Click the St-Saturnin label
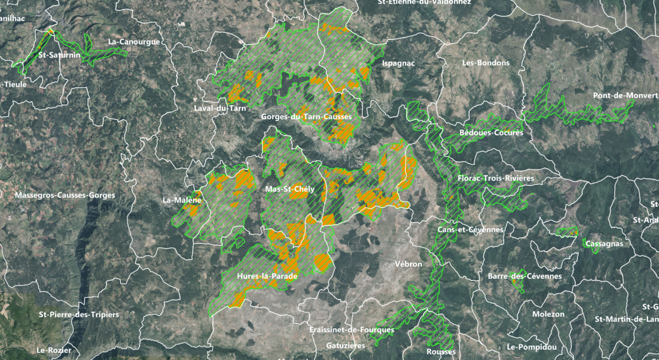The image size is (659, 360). pyautogui.click(x=59, y=55)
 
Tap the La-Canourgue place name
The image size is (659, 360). pyautogui.click(x=134, y=42)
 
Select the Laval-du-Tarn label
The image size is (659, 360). pyautogui.click(x=216, y=108)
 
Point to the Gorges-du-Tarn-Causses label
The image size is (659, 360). pyautogui.click(x=306, y=116)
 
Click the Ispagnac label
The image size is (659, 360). pyautogui.click(x=399, y=63)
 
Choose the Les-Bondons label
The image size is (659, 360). pyautogui.click(x=485, y=63)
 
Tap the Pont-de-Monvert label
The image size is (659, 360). pyautogui.click(x=625, y=96)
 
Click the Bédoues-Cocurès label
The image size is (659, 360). pyautogui.click(x=491, y=133)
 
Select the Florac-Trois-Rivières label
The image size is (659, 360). pyautogui.click(x=496, y=178)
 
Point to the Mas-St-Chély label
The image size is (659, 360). pyautogui.click(x=290, y=189)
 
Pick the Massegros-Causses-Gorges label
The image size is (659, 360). pyautogui.click(x=65, y=195)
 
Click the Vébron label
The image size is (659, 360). pyautogui.click(x=408, y=264)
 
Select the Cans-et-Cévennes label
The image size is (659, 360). pyautogui.click(x=470, y=230)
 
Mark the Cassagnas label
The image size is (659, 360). pyautogui.click(x=603, y=243)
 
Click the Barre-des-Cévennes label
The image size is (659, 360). pyautogui.click(x=524, y=276)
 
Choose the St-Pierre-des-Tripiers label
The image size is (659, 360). pyautogui.click(x=79, y=315)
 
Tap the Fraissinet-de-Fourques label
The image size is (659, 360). pyautogui.click(x=351, y=330)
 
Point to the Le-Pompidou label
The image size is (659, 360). pyautogui.click(x=531, y=347)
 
